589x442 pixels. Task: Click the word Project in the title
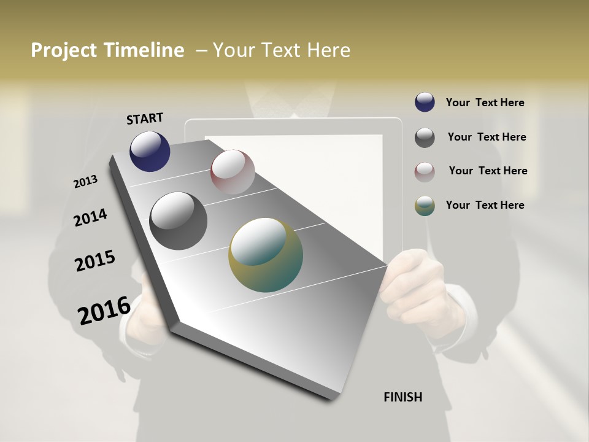[x=64, y=50]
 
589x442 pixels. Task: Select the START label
[x=145, y=118]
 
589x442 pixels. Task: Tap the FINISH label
[x=403, y=397]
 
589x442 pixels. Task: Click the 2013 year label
[x=86, y=182]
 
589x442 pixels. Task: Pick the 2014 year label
[x=91, y=218]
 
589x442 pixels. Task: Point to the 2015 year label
[x=95, y=261]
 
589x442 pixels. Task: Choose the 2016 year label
[x=104, y=310]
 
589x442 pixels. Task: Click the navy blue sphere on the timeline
[x=150, y=151]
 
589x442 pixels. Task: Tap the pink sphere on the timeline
[x=233, y=172]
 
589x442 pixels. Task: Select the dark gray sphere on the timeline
[x=179, y=220]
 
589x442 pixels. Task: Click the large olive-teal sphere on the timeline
[x=266, y=254]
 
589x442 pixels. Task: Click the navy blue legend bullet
[x=425, y=103]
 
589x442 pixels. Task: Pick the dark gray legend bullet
[x=425, y=138]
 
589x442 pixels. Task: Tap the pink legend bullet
[x=425, y=172]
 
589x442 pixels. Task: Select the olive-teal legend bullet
[x=425, y=206]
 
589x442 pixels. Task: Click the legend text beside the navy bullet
[x=485, y=103]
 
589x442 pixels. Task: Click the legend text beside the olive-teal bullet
[x=485, y=205]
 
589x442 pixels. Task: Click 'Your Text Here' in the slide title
[x=282, y=50]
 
